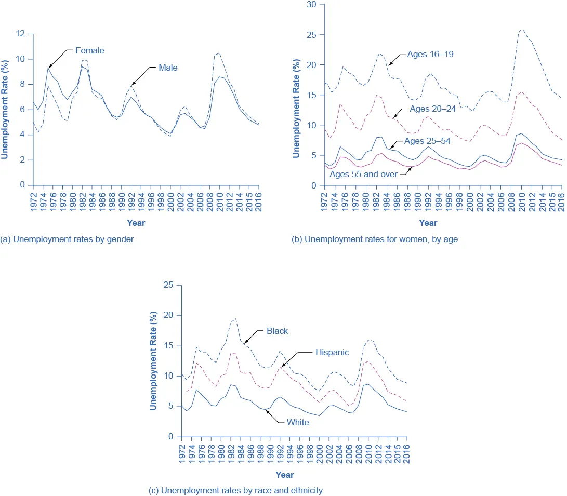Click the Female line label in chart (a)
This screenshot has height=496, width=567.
[90, 51]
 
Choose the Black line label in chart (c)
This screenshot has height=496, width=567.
[277, 331]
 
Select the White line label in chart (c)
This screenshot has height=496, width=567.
[298, 422]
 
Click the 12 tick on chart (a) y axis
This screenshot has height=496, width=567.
[21, 34]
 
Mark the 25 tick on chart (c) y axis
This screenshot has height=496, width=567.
[168, 285]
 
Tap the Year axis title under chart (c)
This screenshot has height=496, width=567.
[284, 475]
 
